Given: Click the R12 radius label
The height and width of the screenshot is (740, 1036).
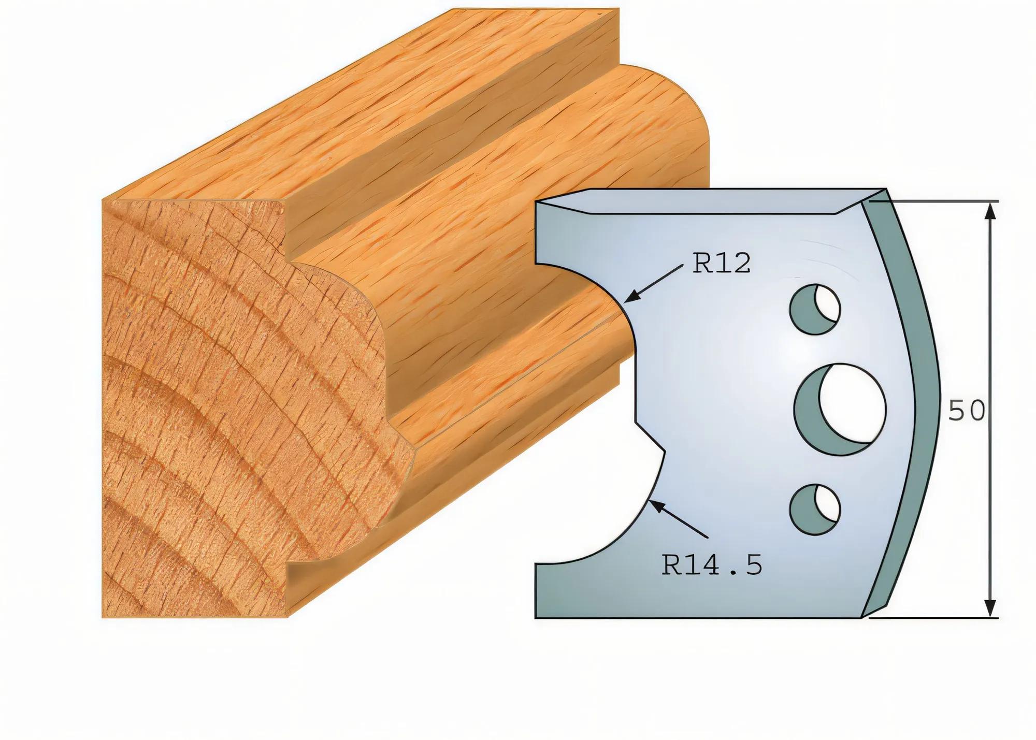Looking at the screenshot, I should pyautogui.click(x=721, y=264).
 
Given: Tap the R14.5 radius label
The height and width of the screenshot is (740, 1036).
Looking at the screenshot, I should pyautogui.click(x=712, y=565).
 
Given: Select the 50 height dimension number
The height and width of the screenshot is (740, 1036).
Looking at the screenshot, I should pyautogui.click(x=966, y=411).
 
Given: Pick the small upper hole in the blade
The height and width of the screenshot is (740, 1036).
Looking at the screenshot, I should pyautogui.click(x=815, y=309).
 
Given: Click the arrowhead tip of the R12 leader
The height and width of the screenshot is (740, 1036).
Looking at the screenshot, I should pyautogui.click(x=626, y=301).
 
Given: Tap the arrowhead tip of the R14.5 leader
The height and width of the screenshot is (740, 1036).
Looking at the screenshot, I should pyautogui.click(x=650, y=501).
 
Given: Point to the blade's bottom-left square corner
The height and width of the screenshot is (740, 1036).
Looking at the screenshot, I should pyautogui.click(x=537, y=616).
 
